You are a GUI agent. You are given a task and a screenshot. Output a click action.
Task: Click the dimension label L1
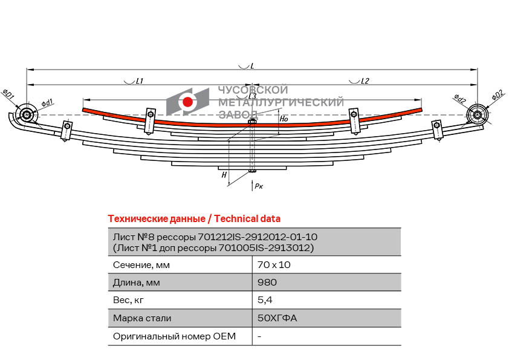click(140, 80)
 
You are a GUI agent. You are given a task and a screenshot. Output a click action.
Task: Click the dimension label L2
click(365, 80)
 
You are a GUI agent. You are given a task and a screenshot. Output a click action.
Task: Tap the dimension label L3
click(252, 96)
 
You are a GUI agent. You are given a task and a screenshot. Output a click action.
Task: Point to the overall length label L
click(252, 66)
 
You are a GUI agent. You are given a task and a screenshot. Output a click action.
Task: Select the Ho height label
click(284, 119)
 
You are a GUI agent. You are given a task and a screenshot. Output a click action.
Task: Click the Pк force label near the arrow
click(259, 186)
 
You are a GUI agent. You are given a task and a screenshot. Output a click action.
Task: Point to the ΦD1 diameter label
click(8, 94)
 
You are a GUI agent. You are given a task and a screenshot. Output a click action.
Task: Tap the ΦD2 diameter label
click(498, 95)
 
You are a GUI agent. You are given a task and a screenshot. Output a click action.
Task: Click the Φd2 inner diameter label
click(459, 99)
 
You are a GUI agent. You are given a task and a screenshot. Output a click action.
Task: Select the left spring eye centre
click(26, 115)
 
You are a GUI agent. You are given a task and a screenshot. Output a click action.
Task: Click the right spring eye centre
click(477, 115)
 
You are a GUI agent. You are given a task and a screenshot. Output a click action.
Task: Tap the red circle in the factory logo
click(187, 102)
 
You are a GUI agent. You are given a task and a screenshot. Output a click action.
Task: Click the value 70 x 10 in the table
click(274, 265)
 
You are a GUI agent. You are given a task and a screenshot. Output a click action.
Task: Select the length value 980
click(267, 282)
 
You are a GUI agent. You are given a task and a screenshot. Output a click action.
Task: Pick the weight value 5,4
click(265, 300)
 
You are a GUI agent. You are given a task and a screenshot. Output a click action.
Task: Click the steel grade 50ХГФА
click(277, 318)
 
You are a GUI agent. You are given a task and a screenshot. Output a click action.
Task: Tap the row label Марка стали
click(142, 318)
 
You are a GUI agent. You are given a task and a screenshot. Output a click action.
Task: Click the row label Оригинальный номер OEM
click(174, 336)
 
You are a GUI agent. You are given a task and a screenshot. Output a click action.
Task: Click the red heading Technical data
click(247, 218)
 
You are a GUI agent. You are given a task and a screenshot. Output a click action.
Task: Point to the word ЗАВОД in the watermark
click(238, 114)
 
